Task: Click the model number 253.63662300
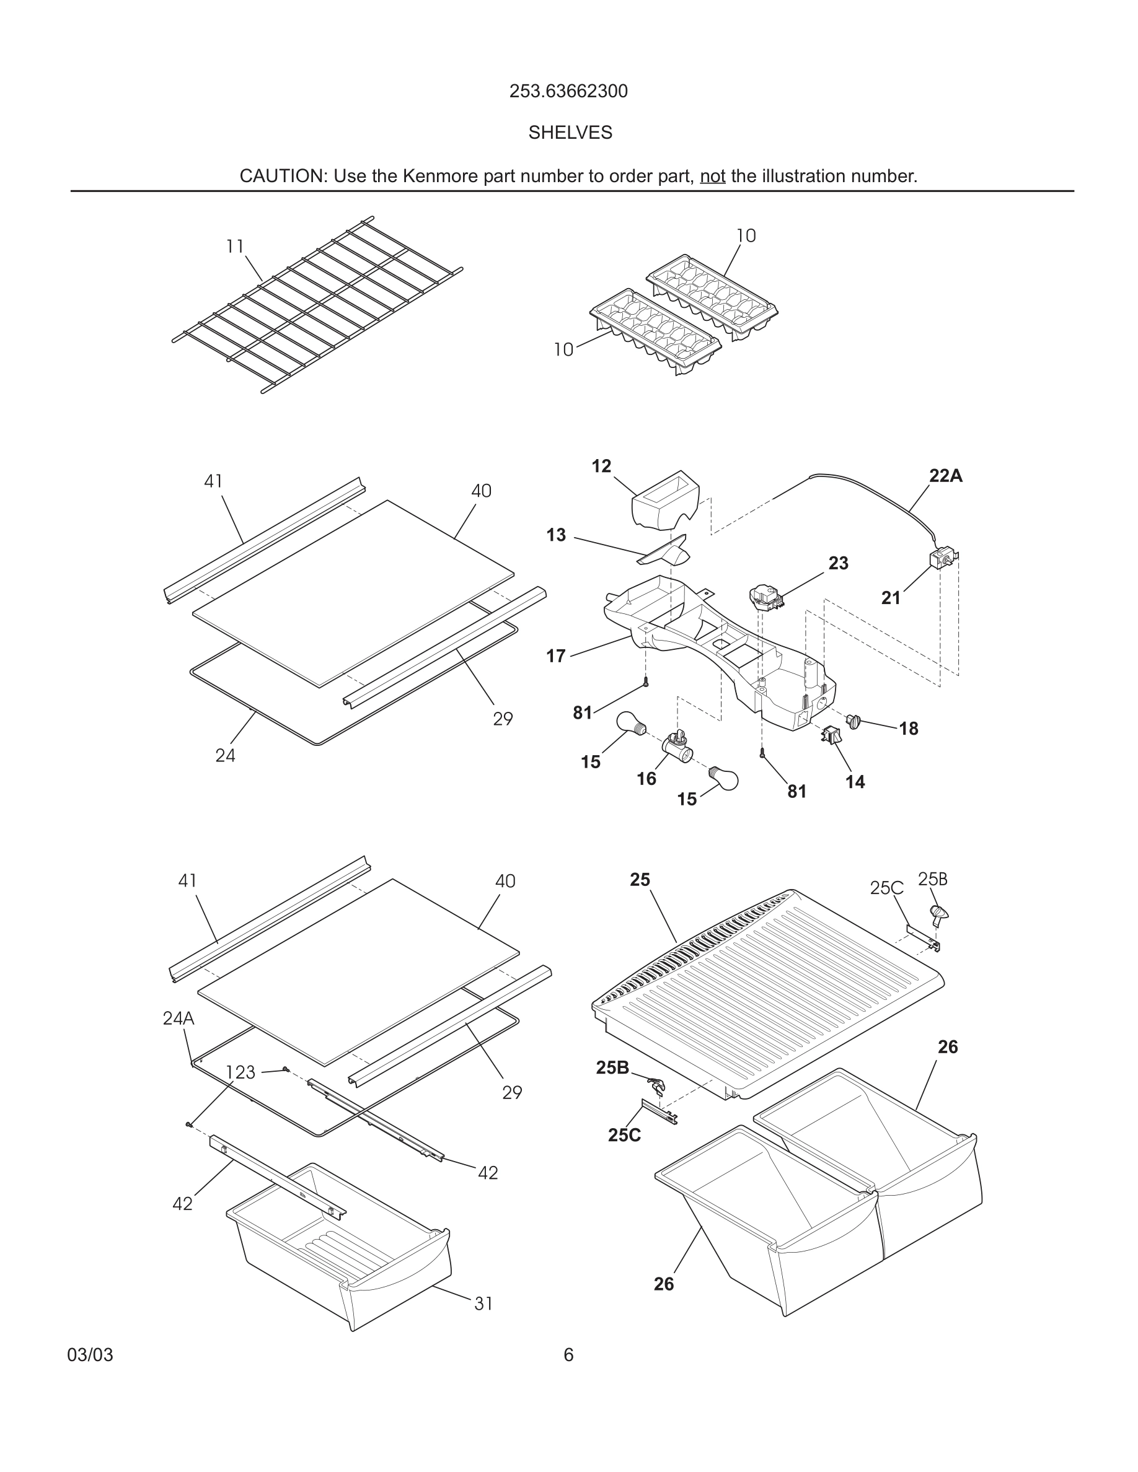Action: pyautogui.click(x=568, y=91)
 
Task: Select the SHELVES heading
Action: pyautogui.click(x=570, y=133)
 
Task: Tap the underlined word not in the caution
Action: pyautogui.click(x=712, y=177)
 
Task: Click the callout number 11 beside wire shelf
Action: pyautogui.click(x=235, y=247)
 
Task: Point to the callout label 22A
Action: pyautogui.click(x=945, y=476)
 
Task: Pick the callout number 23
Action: pyautogui.click(x=838, y=563)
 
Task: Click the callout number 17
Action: pyautogui.click(x=555, y=656)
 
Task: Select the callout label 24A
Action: pyautogui.click(x=178, y=1018)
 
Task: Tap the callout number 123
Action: pyautogui.click(x=240, y=1072)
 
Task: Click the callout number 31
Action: pyautogui.click(x=483, y=1303)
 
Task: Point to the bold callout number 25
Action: pyautogui.click(x=640, y=880)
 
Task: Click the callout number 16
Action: pyautogui.click(x=646, y=779)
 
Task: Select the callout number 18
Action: pyautogui.click(x=908, y=729)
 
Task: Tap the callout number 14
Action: pyautogui.click(x=855, y=782)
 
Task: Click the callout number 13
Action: pyautogui.click(x=555, y=535)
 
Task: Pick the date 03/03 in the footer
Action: pyautogui.click(x=90, y=1355)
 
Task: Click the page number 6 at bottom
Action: pyautogui.click(x=568, y=1355)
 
